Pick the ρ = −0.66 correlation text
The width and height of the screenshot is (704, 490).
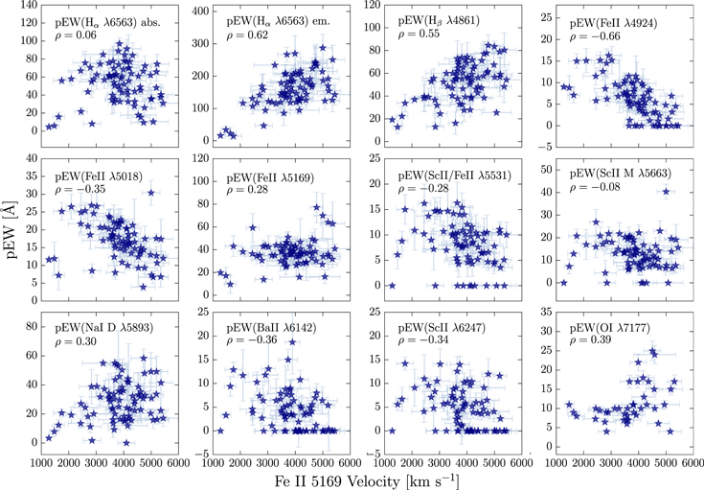pos(593,36)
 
